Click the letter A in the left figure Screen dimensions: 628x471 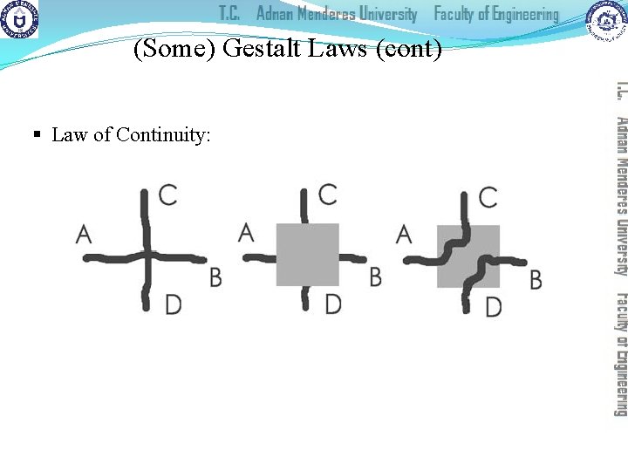pyautogui.click(x=85, y=233)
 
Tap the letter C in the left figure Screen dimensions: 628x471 pyautogui.click(x=168, y=195)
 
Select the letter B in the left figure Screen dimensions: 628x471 pyautogui.click(x=215, y=277)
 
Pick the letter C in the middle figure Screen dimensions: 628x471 pyautogui.click(x=328, y=194)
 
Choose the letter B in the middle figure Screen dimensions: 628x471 pyautogui.click(x=375, y=276)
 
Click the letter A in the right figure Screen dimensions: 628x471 pyautogui.click(x=404, y=233)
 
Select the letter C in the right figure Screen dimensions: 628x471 pyautogui.click(x=488, y=196)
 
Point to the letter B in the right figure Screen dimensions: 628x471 pyautogui.click(x=536, y=279)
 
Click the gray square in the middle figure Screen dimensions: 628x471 pyautogui.click(x=307, y=255)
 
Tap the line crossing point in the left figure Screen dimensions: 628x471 pyautogui.click(x=147, y=256)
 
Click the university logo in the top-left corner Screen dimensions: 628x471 pyautogui.click(x=19, y=19)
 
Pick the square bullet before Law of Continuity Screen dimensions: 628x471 pyautogui.click(x=37, y=135)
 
